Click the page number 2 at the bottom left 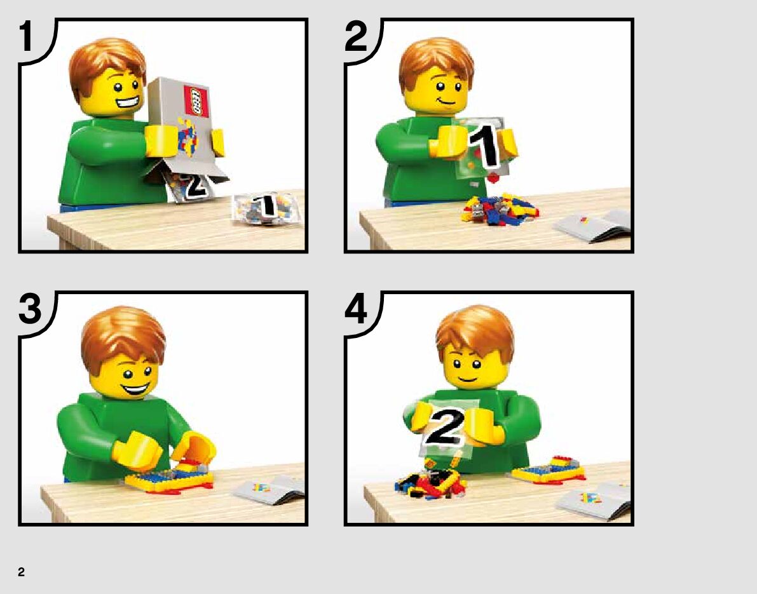[x=21, y=572]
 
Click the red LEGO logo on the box [x=196, y=102]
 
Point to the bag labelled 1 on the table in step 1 [x=264, y=209]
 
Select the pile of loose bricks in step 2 [x=500, y=208]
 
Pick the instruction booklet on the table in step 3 [x=269, y=490]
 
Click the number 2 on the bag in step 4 [x=445, y=427]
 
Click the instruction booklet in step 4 [x=594, y=502]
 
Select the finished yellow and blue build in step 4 [x=549, y=469]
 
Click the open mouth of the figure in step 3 [x=135, y=388]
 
